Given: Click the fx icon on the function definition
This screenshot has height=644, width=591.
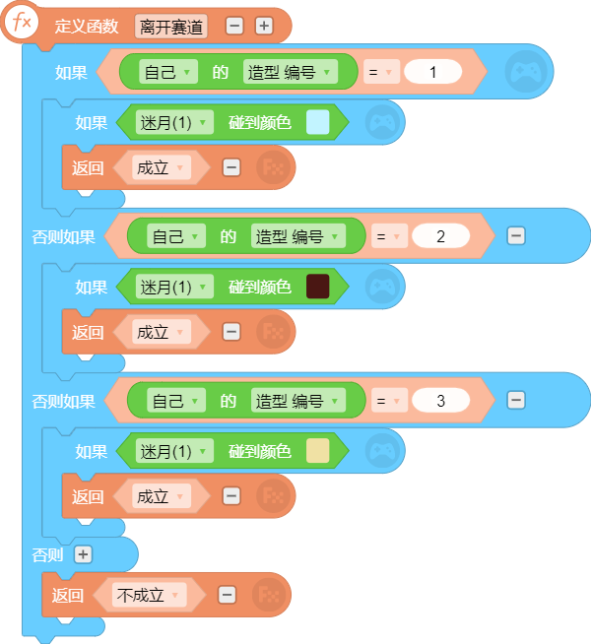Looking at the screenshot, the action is [x=22, y=23].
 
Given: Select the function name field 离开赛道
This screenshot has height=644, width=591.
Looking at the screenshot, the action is [x=170, y=28].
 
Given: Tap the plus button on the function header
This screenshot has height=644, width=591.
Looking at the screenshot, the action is [x=264, y=27].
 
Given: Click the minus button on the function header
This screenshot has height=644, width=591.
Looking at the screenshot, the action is [x=234, y=27].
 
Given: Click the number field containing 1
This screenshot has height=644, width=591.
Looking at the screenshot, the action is [x=432, y=72].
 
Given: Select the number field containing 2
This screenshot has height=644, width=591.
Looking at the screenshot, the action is [x=440, y=236].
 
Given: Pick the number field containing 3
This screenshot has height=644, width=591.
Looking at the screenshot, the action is [x=440, y=401].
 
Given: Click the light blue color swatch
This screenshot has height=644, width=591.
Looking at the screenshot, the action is [x=317, y=122].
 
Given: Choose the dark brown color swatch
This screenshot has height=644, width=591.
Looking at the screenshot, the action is [x=317, y=287].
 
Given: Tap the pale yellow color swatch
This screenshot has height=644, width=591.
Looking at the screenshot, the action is [x=317, y=451].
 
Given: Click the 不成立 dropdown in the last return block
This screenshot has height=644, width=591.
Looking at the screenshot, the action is [x=149, y=595].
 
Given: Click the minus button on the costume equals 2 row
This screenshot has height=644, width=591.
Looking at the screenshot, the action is [x=516, y=236].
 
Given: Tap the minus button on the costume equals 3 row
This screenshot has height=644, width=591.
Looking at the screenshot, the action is [x=516, y=401].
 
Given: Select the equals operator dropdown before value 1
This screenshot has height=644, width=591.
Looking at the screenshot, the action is [x=381, y=72].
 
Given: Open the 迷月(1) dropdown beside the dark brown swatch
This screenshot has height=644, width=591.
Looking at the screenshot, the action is [x=174, y=287].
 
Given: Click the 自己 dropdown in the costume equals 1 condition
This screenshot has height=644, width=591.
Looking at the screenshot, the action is [x=168, y=72].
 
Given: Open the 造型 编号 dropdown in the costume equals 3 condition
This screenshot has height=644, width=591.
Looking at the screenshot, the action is [x=298, y=401].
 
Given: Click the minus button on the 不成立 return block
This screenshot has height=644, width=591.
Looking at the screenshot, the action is [x=228, y=595].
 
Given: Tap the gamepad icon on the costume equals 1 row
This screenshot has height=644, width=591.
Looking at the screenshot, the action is [x=526, y=72].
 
